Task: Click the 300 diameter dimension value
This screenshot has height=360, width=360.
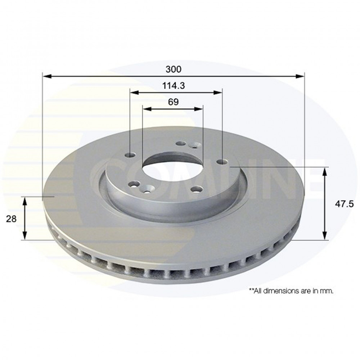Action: (174, 69)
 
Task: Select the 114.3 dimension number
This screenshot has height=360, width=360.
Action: (174, 86)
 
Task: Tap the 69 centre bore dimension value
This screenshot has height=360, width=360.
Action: (173, 102)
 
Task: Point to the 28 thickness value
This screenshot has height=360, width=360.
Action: (11, 219)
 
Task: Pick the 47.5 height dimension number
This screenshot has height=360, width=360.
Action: (344, 204)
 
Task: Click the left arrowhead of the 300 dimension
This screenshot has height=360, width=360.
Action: (47, 76)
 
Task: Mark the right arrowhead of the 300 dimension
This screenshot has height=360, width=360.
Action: (300, 76)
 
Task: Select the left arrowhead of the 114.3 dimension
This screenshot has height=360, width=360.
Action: (135, 93)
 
